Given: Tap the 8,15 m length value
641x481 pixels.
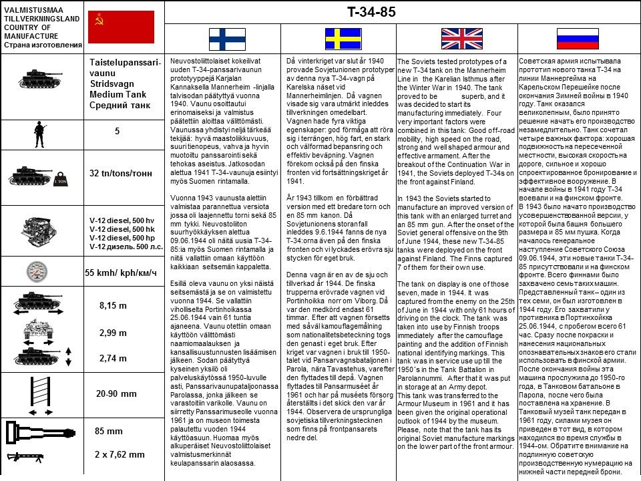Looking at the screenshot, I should coord(113,305).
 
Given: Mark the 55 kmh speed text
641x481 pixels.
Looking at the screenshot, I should coord(121,273).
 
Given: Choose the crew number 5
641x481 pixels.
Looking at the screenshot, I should coord(117,131).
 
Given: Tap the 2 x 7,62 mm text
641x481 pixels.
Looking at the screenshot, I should coord(120,454).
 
